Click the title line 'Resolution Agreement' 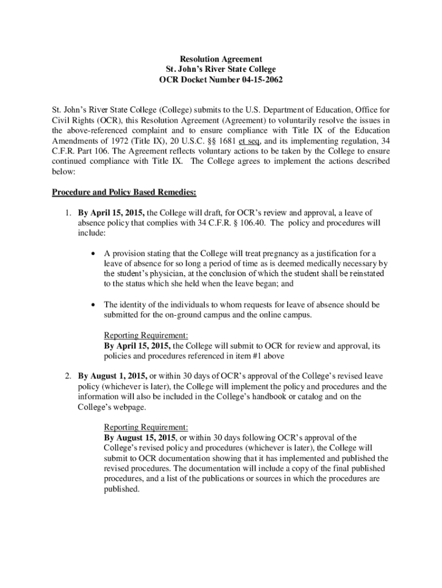coord(221,59)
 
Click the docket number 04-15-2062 coord(258,80)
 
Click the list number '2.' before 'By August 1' coord(68,376)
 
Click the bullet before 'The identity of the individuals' coord(92,305)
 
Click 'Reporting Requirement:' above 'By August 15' coord(146,427)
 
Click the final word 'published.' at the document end coord(122,489)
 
